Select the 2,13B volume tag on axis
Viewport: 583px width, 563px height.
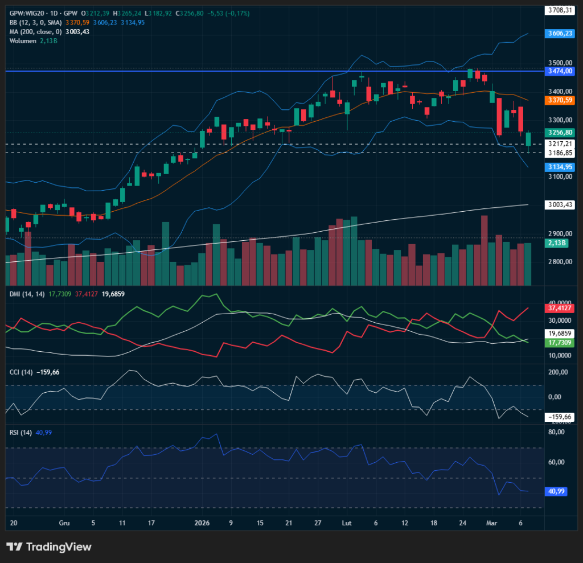pos(556,243)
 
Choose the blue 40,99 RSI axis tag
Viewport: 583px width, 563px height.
pos(556,491)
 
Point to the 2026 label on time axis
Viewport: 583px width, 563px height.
pos(202,523)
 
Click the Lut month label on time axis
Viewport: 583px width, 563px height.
pos(347,523)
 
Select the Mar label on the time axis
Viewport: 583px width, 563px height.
pos(491,523)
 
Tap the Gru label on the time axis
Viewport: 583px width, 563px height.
pos(64,523)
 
